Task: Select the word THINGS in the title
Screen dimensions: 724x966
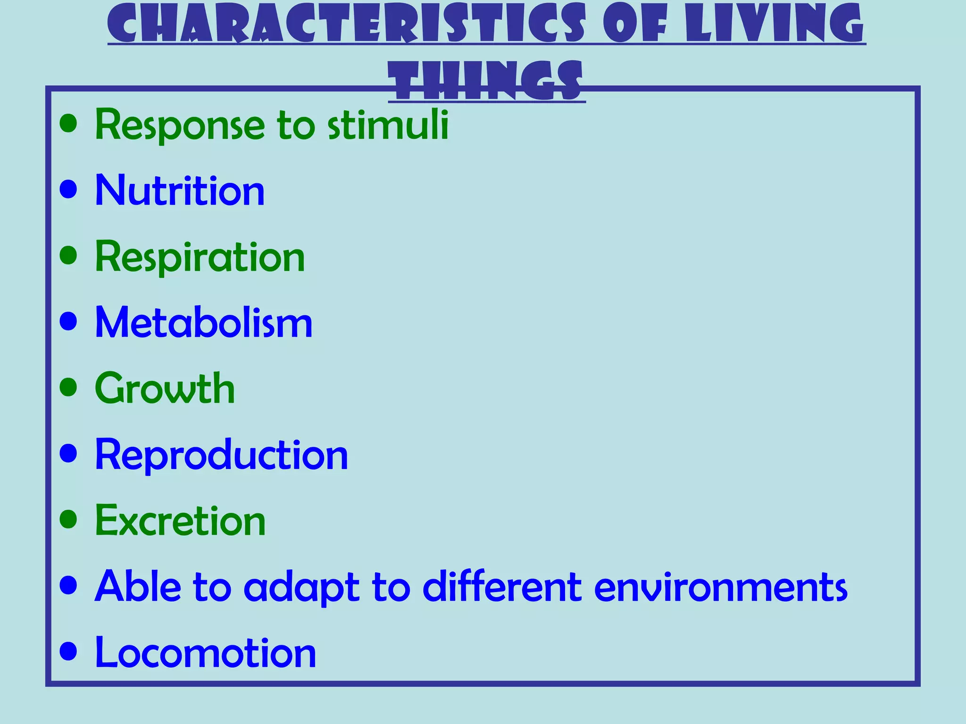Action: pos(487,81)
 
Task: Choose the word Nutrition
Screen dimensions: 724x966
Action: pos(180,190)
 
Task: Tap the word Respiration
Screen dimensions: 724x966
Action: pos(200,258)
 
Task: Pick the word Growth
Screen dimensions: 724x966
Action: pos(165,389)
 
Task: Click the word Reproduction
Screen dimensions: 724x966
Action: pos(221,455)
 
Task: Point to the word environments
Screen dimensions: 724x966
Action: pos(720,587)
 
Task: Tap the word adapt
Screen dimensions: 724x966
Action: pos(301,588)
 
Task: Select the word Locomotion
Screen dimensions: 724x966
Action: pos(205,653)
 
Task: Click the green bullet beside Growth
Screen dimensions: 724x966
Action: pos(69,388)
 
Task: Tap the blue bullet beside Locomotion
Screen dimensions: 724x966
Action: pos(69,652)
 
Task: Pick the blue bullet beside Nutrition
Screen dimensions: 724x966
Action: pos(69,189)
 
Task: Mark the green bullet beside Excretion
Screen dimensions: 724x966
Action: pos(69,519)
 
